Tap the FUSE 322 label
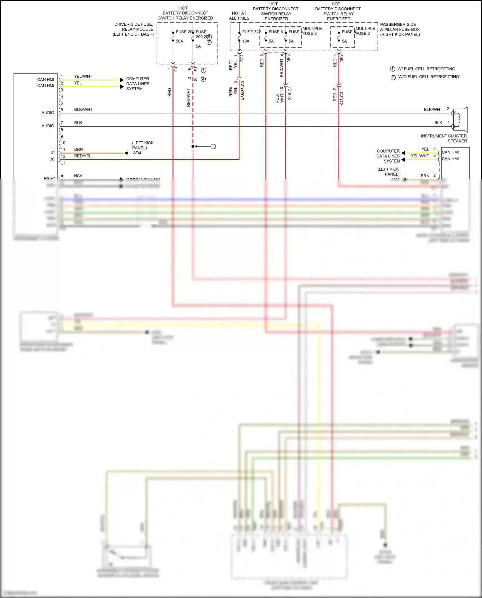(251, 32)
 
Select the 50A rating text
(179, 41)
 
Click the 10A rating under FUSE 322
(246, 41)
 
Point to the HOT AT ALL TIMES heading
(239, 16)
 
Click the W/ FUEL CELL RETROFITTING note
(426, 69)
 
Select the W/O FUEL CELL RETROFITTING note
(428, 77)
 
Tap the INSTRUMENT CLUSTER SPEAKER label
(444, 138)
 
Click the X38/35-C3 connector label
(243, 91)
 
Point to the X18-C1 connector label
(290, 93)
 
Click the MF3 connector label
(288, 58)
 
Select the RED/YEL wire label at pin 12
(83, 156)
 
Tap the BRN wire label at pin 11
(78, 149)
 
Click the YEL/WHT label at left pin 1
(83, 76)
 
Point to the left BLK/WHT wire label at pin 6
(83, 110)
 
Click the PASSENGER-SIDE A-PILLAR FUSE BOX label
(400, 29)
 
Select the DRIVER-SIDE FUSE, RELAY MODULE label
(133, 29)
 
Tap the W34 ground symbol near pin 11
(128, 153)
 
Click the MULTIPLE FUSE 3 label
(312, 31)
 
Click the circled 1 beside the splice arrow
(213, 147)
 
